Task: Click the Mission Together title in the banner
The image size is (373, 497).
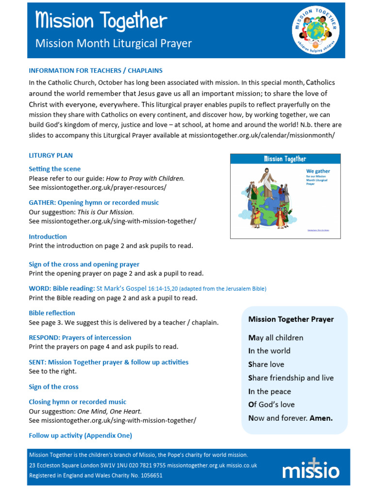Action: [x=101, y=21]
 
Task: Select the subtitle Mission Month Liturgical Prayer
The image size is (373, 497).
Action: [x=114, y=44]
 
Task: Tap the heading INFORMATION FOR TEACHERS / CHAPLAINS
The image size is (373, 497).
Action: [x=96, y=70]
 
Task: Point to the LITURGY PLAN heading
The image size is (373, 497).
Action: [x=51, y=155]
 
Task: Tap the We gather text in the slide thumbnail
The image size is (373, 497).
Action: [x=318, y=171]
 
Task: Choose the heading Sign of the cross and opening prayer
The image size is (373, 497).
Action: [x=84, y=265]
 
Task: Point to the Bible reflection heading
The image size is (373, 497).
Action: [x=52, y=313]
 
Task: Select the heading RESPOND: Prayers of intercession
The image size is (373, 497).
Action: [x=80, y=337]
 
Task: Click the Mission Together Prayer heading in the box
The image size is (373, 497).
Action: [x=291, y=319]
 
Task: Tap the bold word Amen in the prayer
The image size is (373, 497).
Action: [x=321, y=418]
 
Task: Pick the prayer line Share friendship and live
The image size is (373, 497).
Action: [x=291, y=378]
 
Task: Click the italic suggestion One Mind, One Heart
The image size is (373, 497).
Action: [x=110, y=411]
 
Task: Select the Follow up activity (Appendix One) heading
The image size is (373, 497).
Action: [x=80, y=435]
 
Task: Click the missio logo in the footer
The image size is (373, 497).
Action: [x=311, y=468]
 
